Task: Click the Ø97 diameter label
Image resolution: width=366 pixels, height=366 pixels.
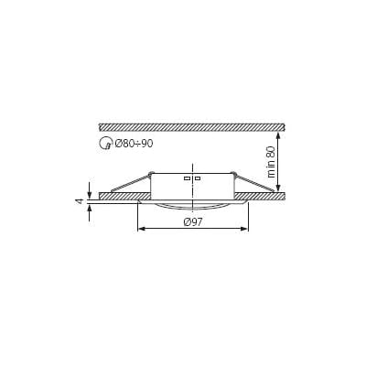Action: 193,222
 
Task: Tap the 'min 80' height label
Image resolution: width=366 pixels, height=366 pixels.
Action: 271,162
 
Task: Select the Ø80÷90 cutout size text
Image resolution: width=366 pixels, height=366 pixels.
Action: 134,144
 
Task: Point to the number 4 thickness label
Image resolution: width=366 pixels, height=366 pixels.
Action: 80,201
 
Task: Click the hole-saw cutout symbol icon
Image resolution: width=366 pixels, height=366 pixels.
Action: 105,143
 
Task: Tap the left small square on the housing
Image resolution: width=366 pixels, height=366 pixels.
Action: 187,178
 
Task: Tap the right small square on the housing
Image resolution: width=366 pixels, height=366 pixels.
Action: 198,178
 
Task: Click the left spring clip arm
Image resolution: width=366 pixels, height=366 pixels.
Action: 131,183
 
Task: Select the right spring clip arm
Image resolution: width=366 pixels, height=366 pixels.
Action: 253,183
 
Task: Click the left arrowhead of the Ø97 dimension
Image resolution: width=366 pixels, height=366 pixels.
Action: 142,229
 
